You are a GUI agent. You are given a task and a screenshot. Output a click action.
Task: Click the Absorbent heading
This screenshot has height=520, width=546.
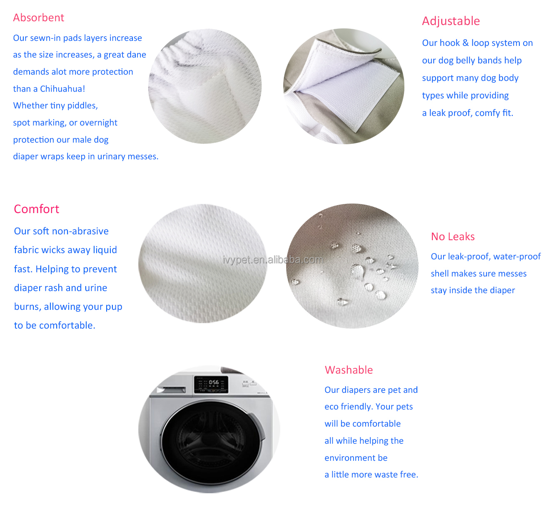pyautogui.click(x=38, y=18)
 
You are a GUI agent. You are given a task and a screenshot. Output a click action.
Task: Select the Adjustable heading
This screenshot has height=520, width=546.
pyautogui.click(x=451, y=21)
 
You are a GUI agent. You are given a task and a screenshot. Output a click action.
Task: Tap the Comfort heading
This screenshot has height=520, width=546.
pyautogui.click(x=37, y=209)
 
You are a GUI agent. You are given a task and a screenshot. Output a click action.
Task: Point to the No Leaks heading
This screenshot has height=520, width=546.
pyautogui.click(x=453, y=236)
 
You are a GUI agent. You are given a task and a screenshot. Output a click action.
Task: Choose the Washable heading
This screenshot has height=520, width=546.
pyautogui.click(x=349, y=370)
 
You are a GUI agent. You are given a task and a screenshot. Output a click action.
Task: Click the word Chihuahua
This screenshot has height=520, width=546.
pyautogui.click(x=62, y=89)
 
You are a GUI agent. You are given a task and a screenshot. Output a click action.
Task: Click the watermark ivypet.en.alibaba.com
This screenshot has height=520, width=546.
pyautogui.click(x=273, y=260)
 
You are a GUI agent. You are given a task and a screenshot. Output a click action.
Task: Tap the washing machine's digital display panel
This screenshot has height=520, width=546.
pyautogui.click(x=211, y=384)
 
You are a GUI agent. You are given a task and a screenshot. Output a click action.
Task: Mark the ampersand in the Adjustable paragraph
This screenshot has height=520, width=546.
pyautogui.click(x=466, y=43)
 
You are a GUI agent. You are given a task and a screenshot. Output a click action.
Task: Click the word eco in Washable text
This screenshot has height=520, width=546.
pyautogui.click(x=332, y=407)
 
